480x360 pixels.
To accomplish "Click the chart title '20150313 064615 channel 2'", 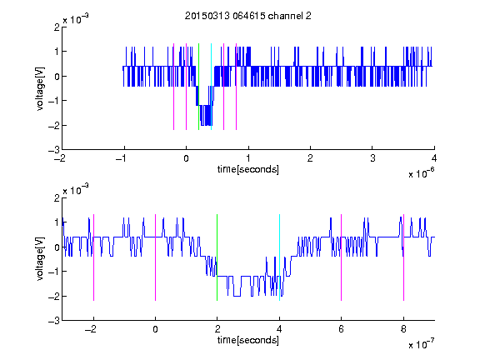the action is [248, 16].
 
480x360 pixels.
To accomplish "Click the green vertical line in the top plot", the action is [198, 87].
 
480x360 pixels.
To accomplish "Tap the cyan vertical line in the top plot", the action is [211, 87].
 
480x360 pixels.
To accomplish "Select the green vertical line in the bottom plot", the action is [217, 257].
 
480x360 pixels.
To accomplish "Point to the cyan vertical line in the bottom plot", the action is [279, 257].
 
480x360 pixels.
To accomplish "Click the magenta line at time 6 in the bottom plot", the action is [342, 257].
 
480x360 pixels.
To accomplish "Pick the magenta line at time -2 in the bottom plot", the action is [93, 257].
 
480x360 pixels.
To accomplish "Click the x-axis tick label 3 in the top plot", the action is [372, 158].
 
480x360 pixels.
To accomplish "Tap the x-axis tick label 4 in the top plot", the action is [434, 158].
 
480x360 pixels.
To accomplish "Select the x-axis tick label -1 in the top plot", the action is [122, 158].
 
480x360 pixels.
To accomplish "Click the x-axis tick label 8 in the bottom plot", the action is [403, 329].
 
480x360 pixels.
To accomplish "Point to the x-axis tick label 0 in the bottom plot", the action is [156, 329].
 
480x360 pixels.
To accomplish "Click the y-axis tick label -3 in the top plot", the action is [54, 150].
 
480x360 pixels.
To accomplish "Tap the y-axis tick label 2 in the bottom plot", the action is [57, 197].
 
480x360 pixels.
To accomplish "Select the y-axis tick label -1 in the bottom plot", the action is [54, 272].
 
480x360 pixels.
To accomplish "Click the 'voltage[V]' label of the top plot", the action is [40, 89].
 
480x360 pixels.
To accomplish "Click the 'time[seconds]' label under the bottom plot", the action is [248, 340].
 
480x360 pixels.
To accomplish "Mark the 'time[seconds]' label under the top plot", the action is [248, 169].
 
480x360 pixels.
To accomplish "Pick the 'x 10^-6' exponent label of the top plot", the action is [422, 173].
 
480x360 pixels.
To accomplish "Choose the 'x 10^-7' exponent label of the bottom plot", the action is [422, 344].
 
